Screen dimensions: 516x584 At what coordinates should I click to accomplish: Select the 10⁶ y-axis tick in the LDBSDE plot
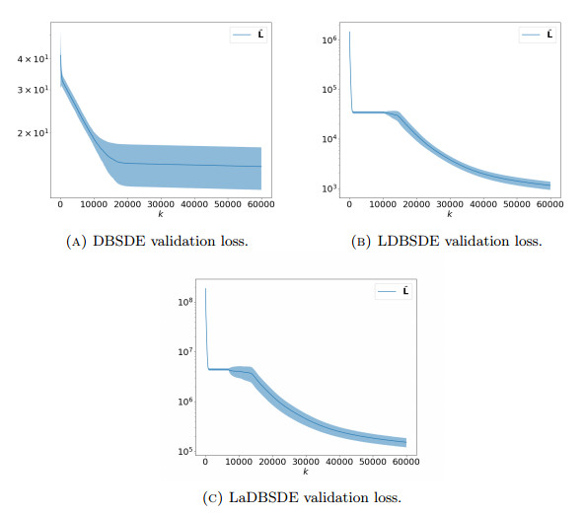[x=329, y=39]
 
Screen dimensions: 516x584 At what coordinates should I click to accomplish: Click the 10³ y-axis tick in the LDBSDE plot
[x=329, y=187]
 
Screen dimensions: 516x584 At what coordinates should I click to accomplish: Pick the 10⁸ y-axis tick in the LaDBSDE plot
[x=184, y=302]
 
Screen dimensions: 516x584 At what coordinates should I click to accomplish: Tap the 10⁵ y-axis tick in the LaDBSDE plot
[x=184, y=451]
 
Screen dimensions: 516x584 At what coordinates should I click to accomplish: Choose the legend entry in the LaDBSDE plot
[x=391, y=291]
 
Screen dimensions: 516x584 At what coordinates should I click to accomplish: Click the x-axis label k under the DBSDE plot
[x=160, y=213]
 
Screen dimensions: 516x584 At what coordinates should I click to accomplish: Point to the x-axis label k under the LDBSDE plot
[x=449, y=213]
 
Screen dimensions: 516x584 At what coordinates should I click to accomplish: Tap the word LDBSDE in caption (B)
[x=406, y=240]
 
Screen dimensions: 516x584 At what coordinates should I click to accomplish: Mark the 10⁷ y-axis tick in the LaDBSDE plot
[x=184, y=351]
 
